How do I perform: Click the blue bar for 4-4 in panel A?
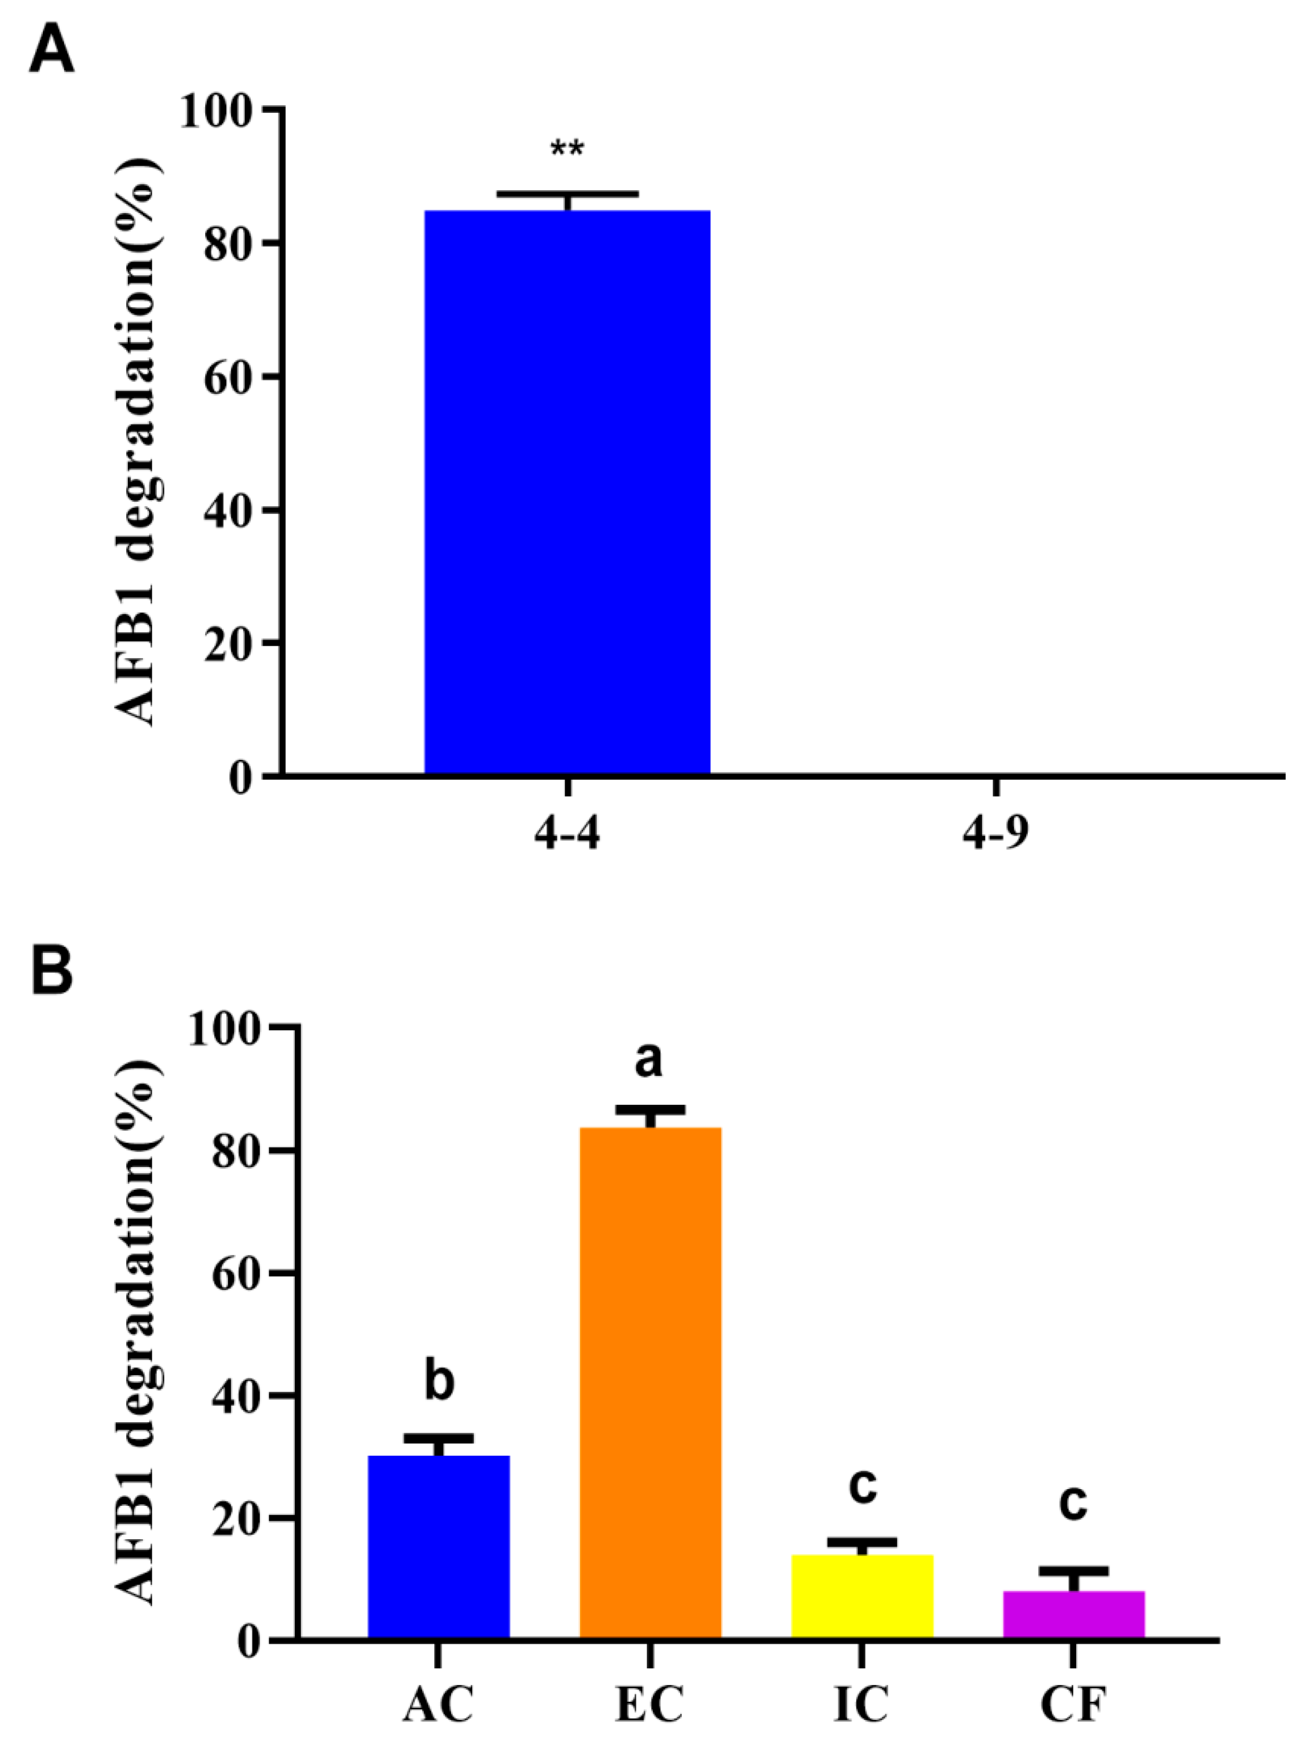coord(567,492)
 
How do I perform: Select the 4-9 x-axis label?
coord(995,834)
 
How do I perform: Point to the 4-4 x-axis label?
coord(567,834)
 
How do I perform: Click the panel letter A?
coord(52,53)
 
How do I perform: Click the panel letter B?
coord(52,971)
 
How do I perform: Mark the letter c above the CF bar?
coord(1073,1502)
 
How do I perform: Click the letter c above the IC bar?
coord(863,1485)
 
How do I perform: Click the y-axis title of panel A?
coord(137,441)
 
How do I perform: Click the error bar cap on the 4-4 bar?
coord(567,192)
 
